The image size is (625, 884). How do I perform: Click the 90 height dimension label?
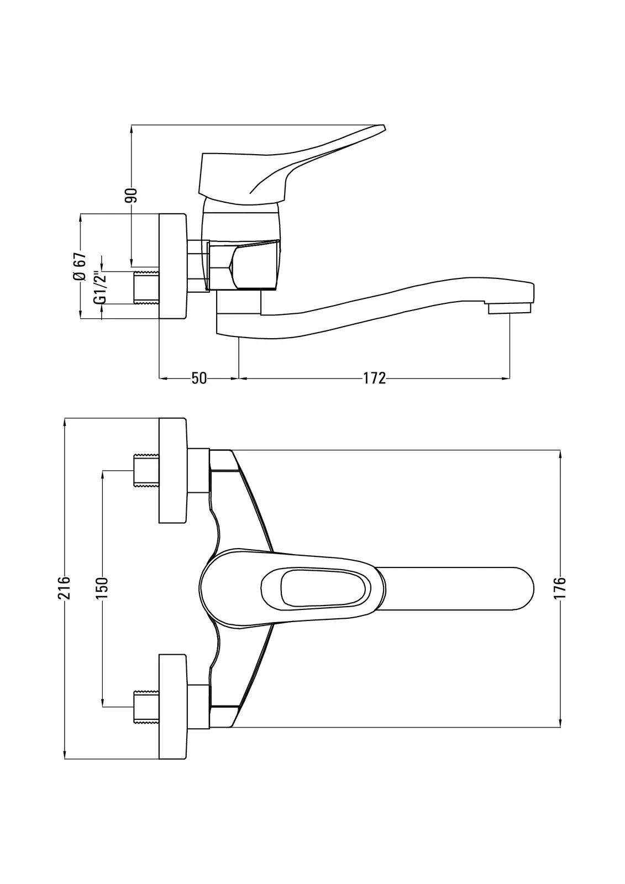pyautogui.click(x=131, y=195)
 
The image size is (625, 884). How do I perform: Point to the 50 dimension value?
pyautogui.click(x=199, y=378)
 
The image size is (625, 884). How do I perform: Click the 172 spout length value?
pyautogui.click(x=374, y=378)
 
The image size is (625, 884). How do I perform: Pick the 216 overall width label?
pyautogui.click(x=65, y=587)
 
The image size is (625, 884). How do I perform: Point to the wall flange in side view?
pyautogui.click(x=173, y=266)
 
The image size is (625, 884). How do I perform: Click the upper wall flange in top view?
pyautogui.click(x=173, y=470)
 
